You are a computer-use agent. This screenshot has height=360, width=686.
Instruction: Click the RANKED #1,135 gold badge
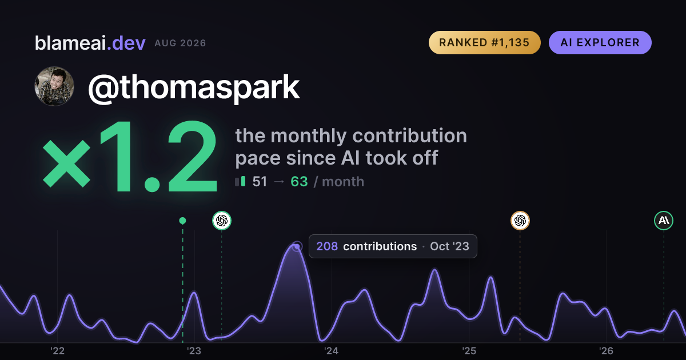pyautogui.click(x=485, y=42)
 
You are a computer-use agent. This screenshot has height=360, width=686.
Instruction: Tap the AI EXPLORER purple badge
pyautogui.click(x=600, y=42)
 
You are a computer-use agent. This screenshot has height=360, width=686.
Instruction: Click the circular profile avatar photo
pyautogui.click(x=54, y=86)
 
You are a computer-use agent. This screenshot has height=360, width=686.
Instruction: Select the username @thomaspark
pyautogui.click(x=194, y=87)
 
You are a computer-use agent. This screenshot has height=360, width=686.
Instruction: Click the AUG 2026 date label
pyautogui.click(x=180, y=43)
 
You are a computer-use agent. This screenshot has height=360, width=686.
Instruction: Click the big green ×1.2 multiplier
pyautogui.click(x=130, y=157)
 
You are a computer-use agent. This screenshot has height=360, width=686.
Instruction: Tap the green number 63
pyautogui.click(x=299, y=182)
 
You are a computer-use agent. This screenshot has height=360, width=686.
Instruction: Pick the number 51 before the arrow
pyautogui.click(x=260, y=182)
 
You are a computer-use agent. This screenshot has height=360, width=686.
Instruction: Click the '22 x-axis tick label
pyautogui.click(x=57, y=351)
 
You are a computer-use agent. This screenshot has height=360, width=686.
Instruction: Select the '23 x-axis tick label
pyautogui.click(x=194, y=351)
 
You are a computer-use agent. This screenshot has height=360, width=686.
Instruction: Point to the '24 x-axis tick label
pyautogui.click(x=332, y=351)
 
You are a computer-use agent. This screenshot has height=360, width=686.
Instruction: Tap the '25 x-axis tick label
pyautogui.click(x=469, y=351)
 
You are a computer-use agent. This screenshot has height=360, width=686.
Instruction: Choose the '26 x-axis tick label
pyautogui.click(x=606, y=351)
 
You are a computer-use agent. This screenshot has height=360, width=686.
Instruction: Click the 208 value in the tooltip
pyautogui.click(x=327, y=246)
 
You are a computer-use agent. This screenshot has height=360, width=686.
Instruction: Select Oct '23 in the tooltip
pyautogui.click(x=449, y=246)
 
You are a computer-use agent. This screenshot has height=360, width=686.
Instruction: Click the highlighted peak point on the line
pyautogui.click(x=297, y=246)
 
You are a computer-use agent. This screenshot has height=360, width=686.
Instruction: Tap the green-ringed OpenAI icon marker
pyautogui.click(x=222, y=221)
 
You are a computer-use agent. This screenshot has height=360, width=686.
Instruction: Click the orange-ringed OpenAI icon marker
pyautogui.click(x=520, y=221)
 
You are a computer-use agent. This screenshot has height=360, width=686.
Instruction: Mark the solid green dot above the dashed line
pyautogui.click(x=182, y=221)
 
